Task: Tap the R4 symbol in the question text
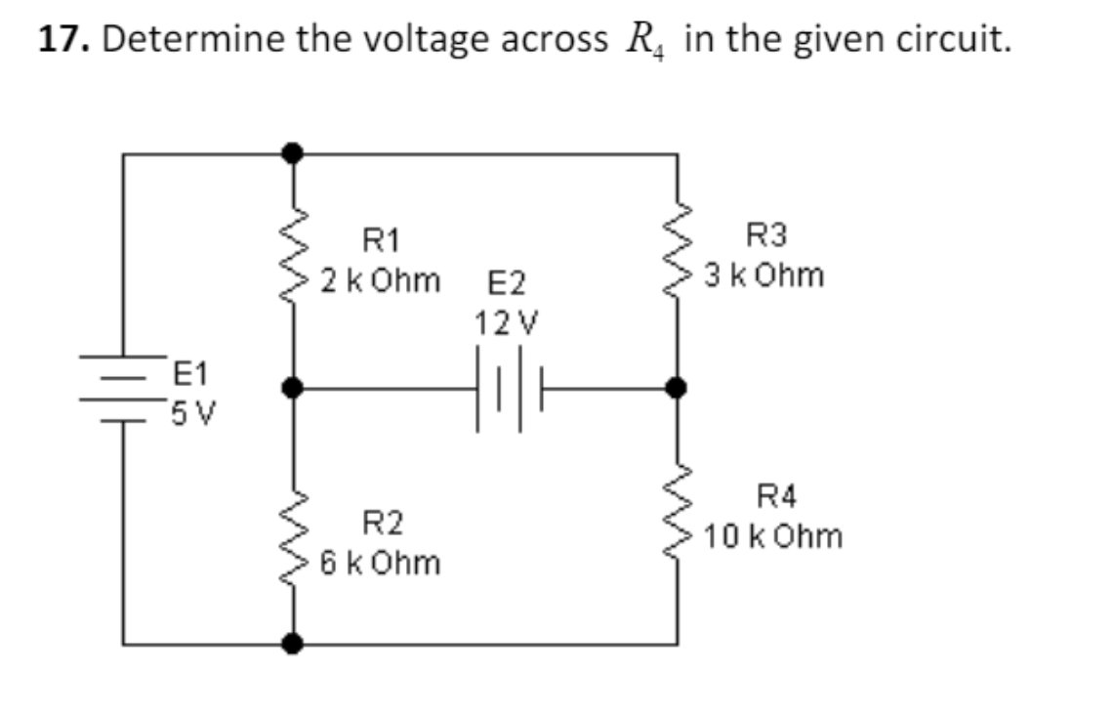(x=641, y=41)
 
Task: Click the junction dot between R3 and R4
(x=674, y=388)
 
